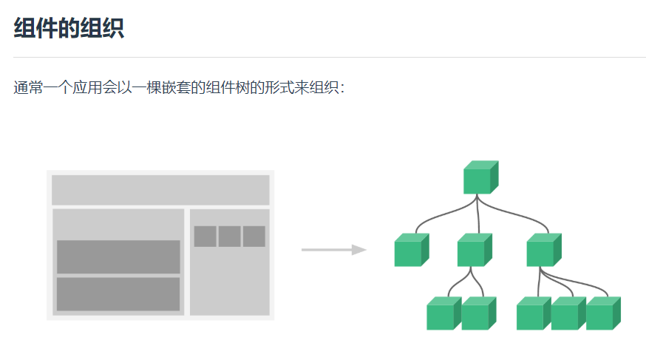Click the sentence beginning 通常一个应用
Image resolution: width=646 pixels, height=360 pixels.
tap(179, 88)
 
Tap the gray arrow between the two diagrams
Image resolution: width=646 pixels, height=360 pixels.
tap(333, 250)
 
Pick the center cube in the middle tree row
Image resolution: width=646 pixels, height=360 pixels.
tap(474, 250)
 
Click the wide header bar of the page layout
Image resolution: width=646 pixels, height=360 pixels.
tap(160, 190)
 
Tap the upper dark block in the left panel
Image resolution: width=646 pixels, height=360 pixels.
tap(118, 257)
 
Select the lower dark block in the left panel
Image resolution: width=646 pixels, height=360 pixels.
tap(118, 293)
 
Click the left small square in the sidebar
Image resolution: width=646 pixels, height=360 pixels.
tap(205, 237)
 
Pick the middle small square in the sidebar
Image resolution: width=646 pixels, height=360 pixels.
tap(229, 237)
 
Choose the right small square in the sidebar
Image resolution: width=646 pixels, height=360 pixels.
tap(254, 237)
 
